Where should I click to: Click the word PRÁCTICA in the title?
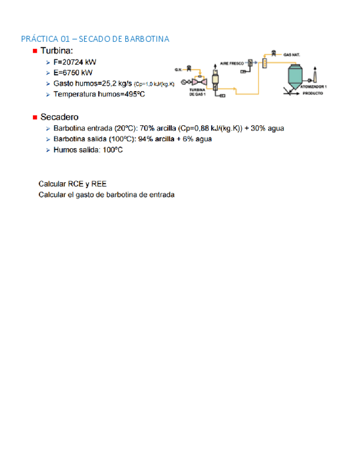click(x=38, y=39)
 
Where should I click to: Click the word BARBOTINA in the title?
click(x=147, y=39)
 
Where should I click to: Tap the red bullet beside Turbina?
click(x=35, y=51)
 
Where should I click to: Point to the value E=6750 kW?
click(x=73, y=73)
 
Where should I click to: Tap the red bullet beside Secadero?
click(x=35, y=117)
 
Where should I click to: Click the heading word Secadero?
click(x=59, y=117)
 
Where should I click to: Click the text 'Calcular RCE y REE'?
click(x=72, y=184)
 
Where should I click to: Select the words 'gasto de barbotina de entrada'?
click(x=123, y=195)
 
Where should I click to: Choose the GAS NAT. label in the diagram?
click(x=292, y=54)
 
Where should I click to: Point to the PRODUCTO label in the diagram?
click(x=312, y=94)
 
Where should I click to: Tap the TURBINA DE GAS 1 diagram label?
click(x=197, y=92)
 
